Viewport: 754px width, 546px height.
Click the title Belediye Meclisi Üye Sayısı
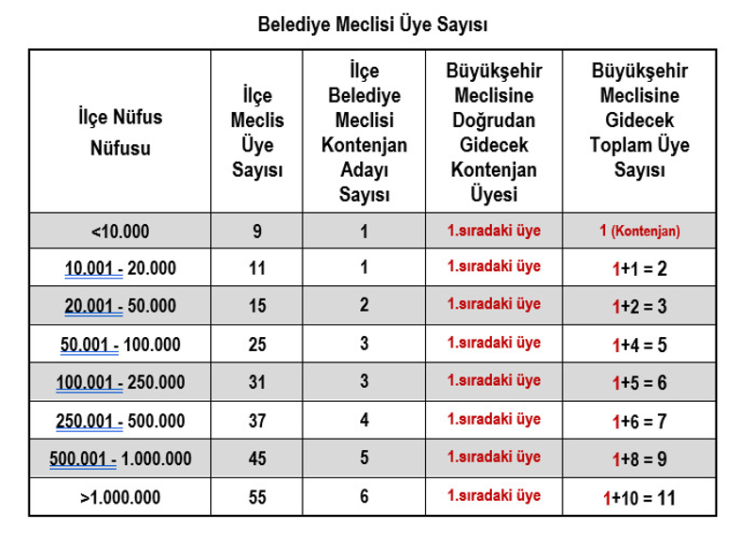point(372,24)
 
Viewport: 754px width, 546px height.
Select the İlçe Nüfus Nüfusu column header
point(120,132)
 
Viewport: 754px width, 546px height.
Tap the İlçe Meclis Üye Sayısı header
point(257,133)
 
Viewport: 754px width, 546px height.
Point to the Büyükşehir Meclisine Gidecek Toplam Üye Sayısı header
point(640,120)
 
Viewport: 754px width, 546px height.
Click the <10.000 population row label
point(120,231)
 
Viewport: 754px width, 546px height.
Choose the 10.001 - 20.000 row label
point(120,268)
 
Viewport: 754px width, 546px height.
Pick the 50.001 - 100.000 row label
point(120,345)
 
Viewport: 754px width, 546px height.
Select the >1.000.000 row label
point(120,497)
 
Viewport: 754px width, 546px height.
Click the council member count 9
point(257,231)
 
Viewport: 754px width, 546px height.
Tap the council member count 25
point(257,345)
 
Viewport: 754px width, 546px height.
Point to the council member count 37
point(257,421)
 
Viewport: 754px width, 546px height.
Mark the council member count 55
point(257,497)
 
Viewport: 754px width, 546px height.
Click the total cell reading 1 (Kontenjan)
point(640,231)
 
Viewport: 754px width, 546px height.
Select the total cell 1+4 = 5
point(640,345)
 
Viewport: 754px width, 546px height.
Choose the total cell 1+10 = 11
point(640,497)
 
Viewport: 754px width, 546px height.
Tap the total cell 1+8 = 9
point(640,459)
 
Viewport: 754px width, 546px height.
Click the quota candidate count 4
point(364,421)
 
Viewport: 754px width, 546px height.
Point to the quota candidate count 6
point(364,497)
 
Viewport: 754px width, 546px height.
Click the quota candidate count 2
point(364,306)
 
